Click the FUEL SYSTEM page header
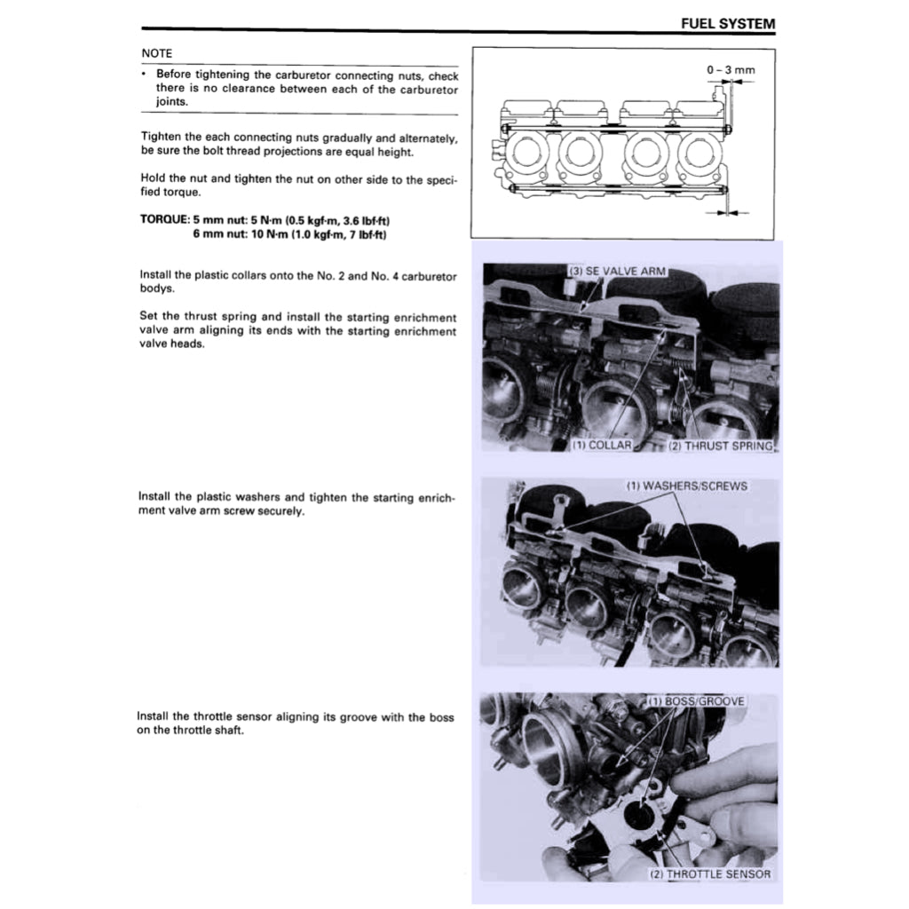tap(728, 24)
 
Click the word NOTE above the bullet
tap(157, 53)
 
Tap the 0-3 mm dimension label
tap(731, 69)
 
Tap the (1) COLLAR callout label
tap(602, 446)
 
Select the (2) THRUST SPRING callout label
tap(718, 446)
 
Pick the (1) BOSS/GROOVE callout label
tap(696, 701)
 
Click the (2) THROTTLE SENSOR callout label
tap(710, 873)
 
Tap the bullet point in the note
tap(144, 75)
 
